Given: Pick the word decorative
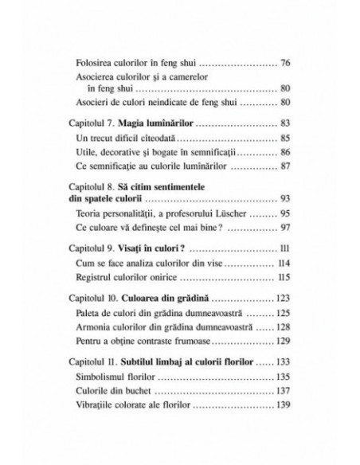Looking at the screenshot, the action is click(125, 150).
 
